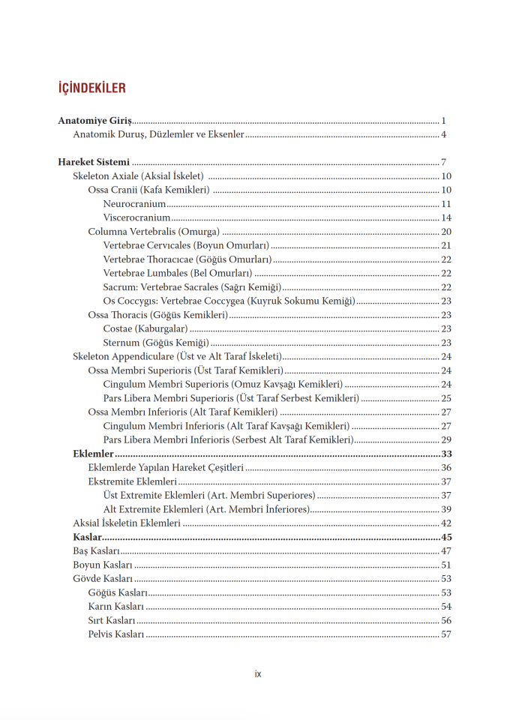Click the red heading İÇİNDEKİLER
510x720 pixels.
(91, 88)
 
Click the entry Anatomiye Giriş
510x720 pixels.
(94, 121)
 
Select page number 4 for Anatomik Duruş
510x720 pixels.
(444, 135)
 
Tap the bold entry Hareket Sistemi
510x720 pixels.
(94, 162)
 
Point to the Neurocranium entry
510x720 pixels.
(134, 204)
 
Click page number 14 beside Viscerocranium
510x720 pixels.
(445, 217)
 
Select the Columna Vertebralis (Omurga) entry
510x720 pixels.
(154, 232)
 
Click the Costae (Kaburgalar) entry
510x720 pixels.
(145, 328)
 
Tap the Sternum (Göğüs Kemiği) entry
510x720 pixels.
(155, 343)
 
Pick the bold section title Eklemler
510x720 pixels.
(93, 454)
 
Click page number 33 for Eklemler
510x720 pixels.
(445, 454)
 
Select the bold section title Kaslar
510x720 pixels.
(87, 537)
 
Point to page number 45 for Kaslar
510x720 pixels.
(445, 537)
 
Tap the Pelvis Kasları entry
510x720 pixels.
(115, 634)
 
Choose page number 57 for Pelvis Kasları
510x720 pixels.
(445, 634)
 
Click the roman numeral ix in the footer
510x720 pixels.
(258, 673)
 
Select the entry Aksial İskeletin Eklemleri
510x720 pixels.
(127, 523)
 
